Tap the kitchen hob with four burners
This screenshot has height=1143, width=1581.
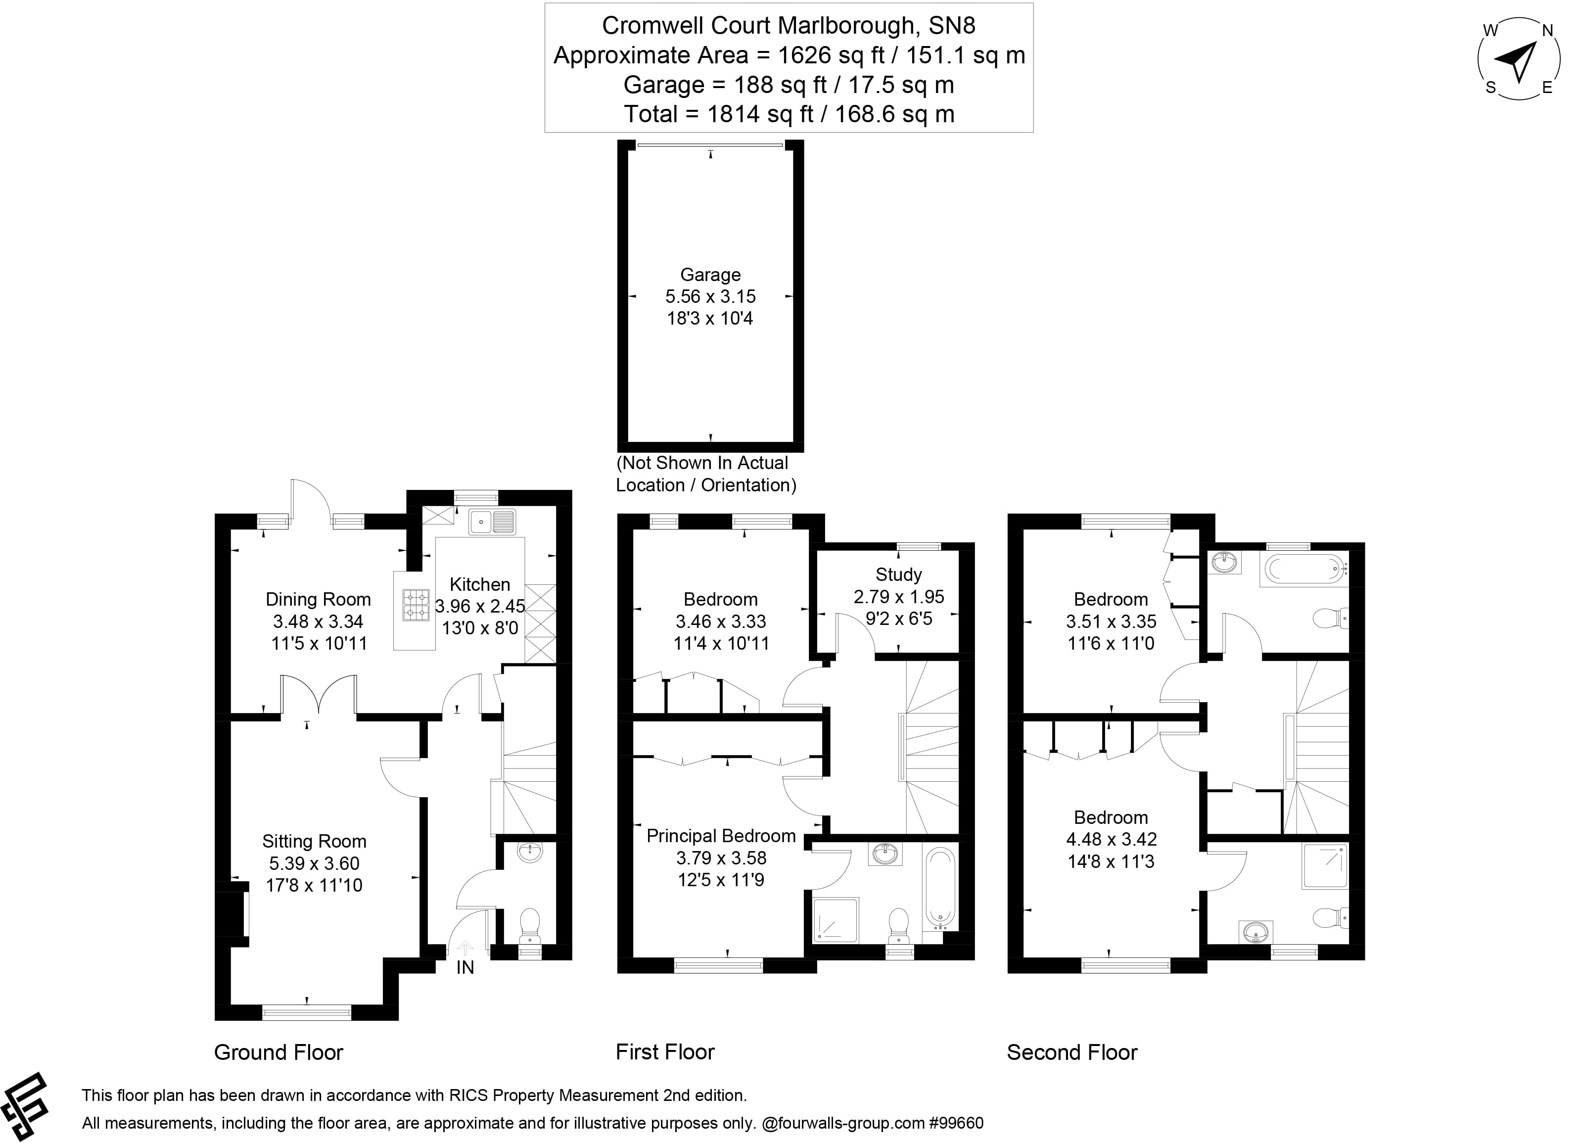[x=416, y=605]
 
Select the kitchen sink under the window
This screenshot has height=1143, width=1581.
[x=492, y=521]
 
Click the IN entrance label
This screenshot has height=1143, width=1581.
[x=465, y=967]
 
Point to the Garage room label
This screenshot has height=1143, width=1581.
[x=710, y=275]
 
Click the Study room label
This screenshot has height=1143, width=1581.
[x=898, y=574]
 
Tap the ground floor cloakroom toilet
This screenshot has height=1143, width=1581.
[x=530, y=923]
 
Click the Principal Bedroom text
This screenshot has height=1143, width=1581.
[x=721, y=836]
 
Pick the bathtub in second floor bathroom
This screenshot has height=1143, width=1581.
[x=1302, y=569]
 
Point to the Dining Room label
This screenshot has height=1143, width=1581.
[x=318, y=599]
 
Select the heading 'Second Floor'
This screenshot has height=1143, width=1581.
[x=1071, y=1052]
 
